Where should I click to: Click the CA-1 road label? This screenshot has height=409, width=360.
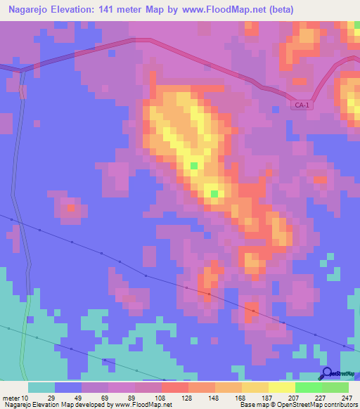pos(302,105)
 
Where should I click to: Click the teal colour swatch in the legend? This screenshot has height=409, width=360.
pos(41,387)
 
